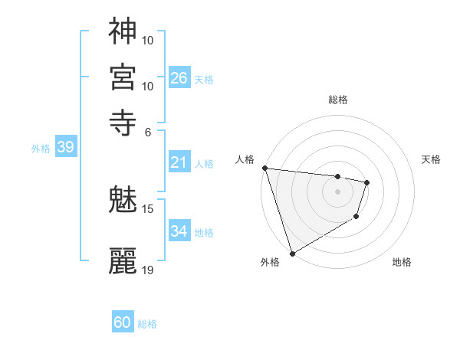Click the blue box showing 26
[179, 78]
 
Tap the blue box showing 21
[179, 162]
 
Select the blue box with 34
[179, 231]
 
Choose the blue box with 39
[65, 148]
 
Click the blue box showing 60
[123, 322]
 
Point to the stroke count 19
[148, 270]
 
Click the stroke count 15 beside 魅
[148, 208]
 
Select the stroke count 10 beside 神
[148, 40]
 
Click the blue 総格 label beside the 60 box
[147, 324]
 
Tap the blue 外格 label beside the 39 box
[41, 149]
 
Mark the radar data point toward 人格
[264, 168]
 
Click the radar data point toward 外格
[292, 254]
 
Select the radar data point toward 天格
[367, 182]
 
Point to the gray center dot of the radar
[337, 191]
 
